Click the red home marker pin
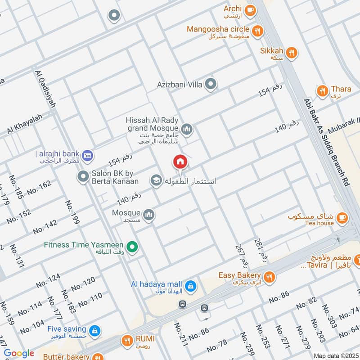180,162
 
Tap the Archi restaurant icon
251,9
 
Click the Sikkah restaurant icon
292,53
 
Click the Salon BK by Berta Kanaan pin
83,176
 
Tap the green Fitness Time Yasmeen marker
132,246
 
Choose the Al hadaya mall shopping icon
191,285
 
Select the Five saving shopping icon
94,331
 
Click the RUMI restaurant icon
128,341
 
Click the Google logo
19,353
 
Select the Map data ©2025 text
335,355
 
